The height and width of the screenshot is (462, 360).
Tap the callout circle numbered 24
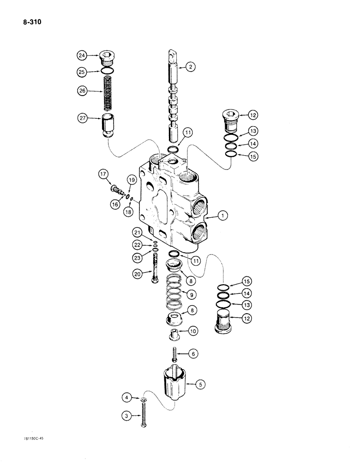click(x=82, y=56)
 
